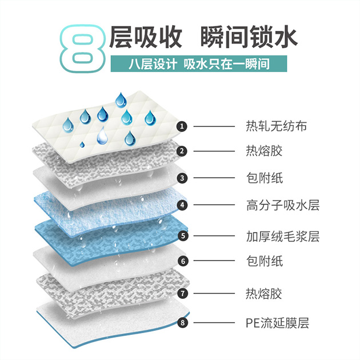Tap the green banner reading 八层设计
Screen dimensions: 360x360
tap(199, 63)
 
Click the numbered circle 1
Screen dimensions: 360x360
tap(182, 126)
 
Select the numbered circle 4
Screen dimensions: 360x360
tap(182, 205)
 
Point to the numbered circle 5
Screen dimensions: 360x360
tap(183, 236)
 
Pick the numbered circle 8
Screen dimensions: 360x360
tap(182, 323)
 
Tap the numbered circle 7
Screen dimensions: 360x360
tap(183, 293)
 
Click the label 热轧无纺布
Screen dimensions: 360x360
tap(276, 126)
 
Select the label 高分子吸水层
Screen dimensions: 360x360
tap(283, 205)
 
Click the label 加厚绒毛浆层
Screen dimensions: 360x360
tap(283, 236)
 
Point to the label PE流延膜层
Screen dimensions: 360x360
tap(277, 323)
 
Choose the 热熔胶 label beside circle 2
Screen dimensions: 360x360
tap(264, 151)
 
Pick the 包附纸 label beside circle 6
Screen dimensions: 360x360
tap(264, 261)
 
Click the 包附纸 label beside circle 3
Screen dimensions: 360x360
tap(264, 178)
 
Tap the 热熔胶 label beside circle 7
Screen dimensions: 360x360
tap(264, 294)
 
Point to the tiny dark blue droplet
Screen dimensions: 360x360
tap(82, 145)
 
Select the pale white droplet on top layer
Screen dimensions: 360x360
tap(102, 136)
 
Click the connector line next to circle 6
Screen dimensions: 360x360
tap(214, 261)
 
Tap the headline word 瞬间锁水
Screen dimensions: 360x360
tap(249, 37)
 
